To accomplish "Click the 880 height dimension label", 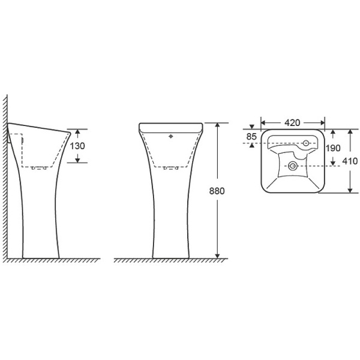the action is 217,191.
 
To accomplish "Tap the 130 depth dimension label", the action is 77,146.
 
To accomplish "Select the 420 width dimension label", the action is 292,123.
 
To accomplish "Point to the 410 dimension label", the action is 350,161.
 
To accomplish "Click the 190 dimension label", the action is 333,148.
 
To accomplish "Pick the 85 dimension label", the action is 251,137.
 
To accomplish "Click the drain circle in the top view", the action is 293,166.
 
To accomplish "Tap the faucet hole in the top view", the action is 306,143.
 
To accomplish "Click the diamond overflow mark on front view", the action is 170,136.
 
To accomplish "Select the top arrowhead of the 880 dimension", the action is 217,125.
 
